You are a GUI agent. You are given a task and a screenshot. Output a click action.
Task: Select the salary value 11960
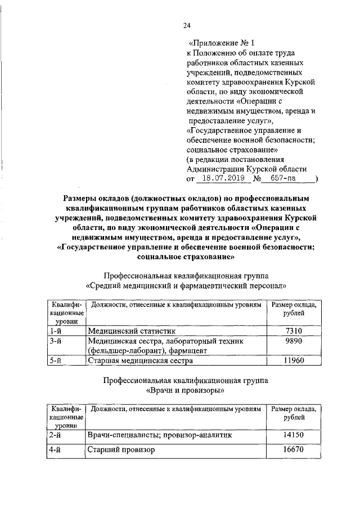click(x=294, y=361)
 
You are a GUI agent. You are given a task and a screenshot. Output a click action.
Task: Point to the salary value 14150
click(x=294, y=435)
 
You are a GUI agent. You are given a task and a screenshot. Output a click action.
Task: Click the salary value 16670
click(x=294, y=450)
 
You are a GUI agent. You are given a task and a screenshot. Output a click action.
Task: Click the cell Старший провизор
click(x=120, y=450)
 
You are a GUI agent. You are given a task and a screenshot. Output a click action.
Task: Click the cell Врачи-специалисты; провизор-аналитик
click(x=160, y=435)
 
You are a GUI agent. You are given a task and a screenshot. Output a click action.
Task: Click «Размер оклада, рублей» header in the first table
click(x=294, y=309)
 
